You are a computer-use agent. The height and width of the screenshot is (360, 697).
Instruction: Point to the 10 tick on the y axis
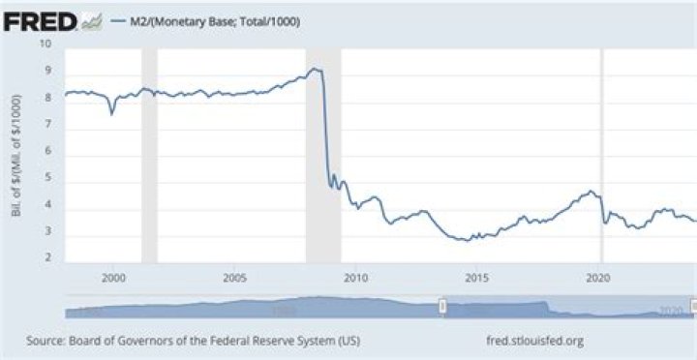[x=45, y=44]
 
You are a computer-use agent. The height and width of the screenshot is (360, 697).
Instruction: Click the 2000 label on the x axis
[x=113, y=277]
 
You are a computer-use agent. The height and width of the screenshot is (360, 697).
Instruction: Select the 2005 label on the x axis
[x=234, y=277]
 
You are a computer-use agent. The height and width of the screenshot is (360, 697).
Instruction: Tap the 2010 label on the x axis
[x=355, y=277]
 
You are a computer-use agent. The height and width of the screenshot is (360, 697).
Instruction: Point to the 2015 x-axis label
[x=476, y=277]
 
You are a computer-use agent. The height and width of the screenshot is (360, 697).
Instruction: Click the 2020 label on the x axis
[x=598, y=277]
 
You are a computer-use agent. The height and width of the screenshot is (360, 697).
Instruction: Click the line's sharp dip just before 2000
[x=111, y=114]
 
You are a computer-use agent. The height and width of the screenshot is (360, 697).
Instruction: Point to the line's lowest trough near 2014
[x=468, y=239]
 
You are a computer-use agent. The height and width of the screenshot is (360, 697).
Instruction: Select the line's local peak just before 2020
[x=590, y=191]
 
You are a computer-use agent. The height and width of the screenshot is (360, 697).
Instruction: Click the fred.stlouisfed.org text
[x=537, y=341]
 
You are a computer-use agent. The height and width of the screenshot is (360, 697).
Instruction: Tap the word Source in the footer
[x=46, y=341]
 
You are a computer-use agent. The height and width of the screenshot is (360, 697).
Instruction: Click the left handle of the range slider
[x=442, y=307]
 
